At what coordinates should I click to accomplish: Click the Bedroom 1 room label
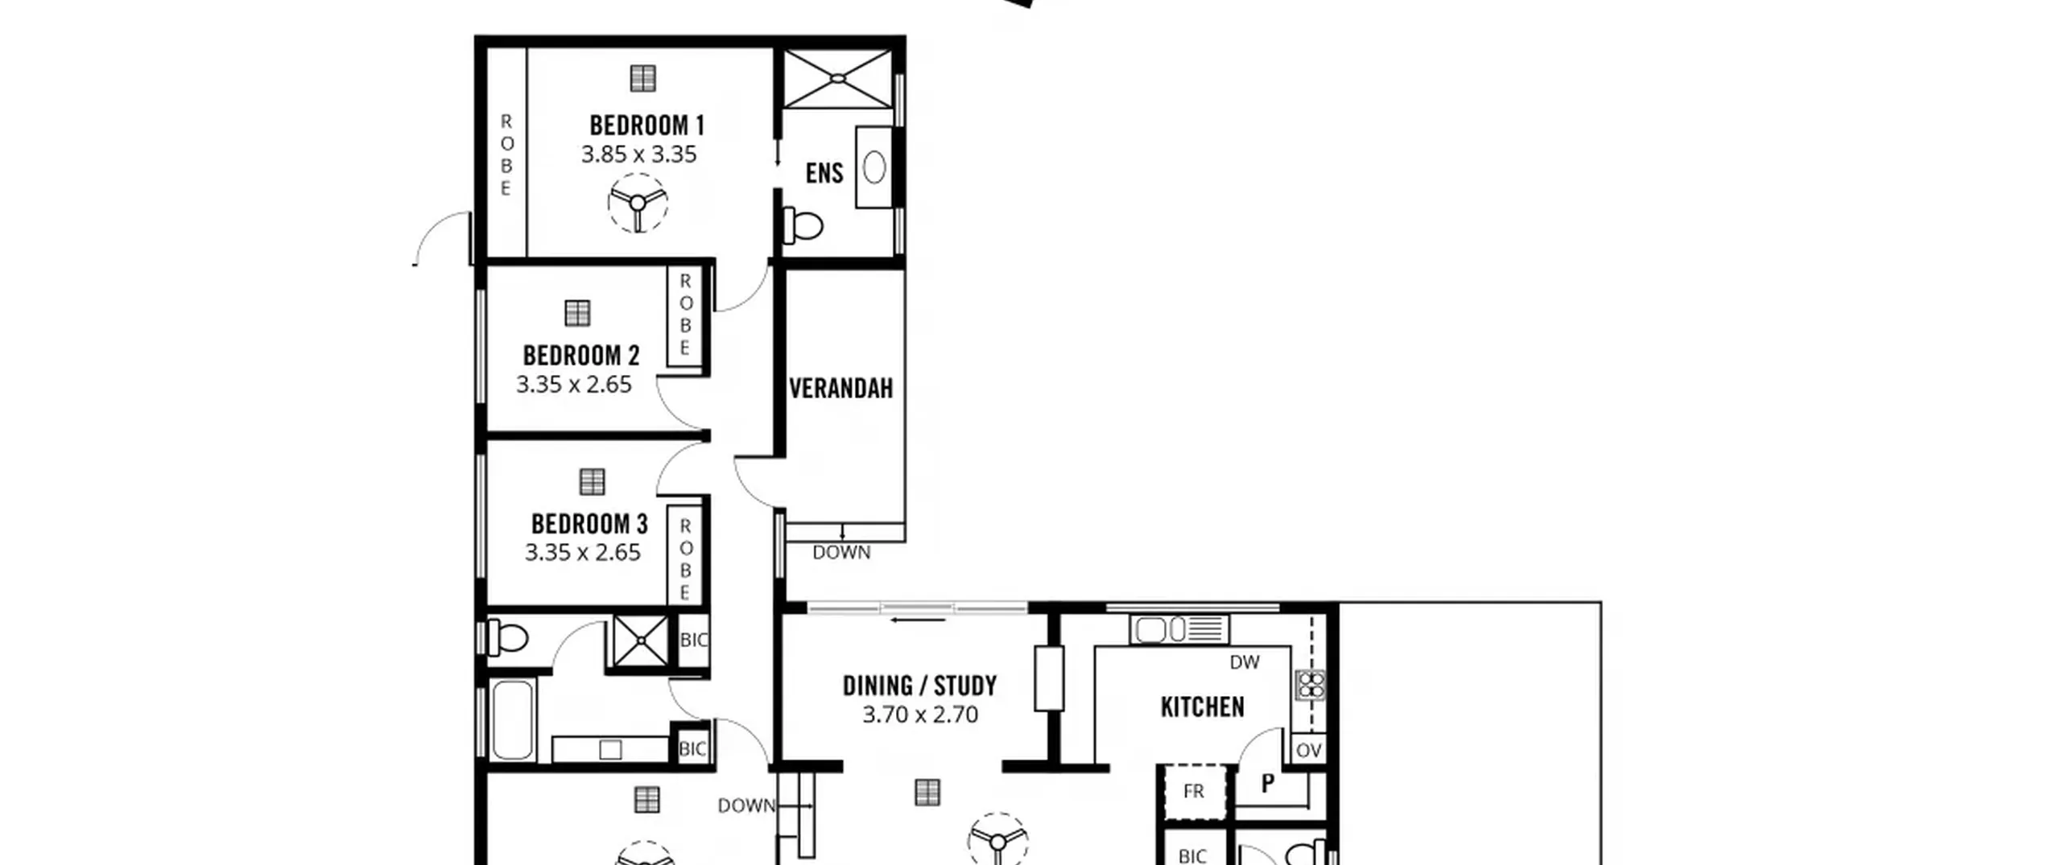tap(646, 126)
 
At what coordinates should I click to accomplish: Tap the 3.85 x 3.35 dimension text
tap(639, 154)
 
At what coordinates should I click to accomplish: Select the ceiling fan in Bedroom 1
tap(638, 203)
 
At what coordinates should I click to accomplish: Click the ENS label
tap(824, 173)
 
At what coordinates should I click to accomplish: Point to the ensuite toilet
tap(803, 225)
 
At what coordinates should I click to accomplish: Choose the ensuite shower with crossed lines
tap(838, 79)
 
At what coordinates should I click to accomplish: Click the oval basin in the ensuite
tap(874, 167)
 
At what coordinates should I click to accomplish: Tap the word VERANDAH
tap(841, 389)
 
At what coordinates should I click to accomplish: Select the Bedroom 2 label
tap(581, 355)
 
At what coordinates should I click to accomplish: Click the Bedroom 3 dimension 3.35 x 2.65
tap(583, 553)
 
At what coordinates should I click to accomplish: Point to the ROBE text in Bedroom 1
tap(506, 154)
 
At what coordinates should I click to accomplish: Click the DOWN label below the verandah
tap(841, 553)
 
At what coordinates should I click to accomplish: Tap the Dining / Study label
tap(920, 686)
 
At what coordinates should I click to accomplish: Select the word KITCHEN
tap(1203, 706)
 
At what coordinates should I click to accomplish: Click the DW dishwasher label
tap(1245, 662)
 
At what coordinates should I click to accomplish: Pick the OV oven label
tap(1308, 751)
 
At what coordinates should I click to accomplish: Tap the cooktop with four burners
tap(1311, 685)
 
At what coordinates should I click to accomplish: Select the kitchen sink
tap(1179, 629)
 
